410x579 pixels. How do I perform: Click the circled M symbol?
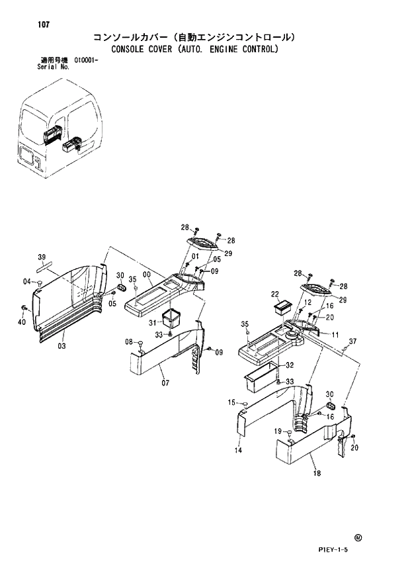(x=358, y=538)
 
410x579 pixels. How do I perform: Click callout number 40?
(x=22, y=322)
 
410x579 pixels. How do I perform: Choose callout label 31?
(x=153, y=322)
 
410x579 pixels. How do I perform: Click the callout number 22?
(x=274, y=294)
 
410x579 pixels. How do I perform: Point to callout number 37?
(x=352, y=341)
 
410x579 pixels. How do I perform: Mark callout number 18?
(x=317, y=473)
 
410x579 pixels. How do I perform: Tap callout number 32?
(x=290, y=365)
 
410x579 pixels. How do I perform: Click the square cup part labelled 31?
(x=172, y=318)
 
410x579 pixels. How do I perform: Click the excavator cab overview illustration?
(x=62, y=136)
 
